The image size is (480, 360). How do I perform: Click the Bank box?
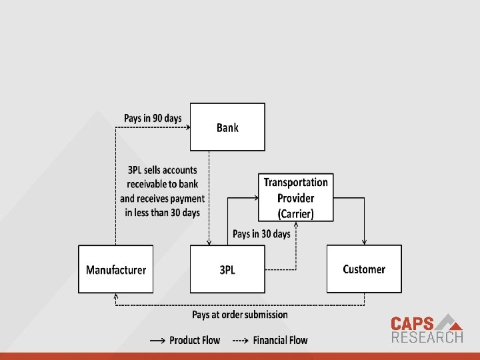(227, 127)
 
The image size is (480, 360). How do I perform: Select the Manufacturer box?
(115, 269)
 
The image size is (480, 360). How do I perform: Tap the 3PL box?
(227, 269)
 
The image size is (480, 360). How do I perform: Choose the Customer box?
(364, 269)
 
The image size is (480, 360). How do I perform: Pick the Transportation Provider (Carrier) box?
(295, 198)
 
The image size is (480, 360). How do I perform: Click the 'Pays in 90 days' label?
(153, 118)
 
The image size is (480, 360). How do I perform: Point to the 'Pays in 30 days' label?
(261, 233)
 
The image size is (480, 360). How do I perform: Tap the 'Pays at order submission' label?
(240, 314)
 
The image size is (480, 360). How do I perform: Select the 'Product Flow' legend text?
(194, 340)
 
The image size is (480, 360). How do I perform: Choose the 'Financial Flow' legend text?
(280, 340)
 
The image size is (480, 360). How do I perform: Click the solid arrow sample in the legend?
(158, 340)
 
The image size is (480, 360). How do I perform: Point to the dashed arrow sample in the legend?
(241, 340)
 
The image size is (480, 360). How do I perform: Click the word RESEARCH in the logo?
(427, 337)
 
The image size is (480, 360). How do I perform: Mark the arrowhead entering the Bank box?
(188, 127)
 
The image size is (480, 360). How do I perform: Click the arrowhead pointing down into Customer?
(364, 242)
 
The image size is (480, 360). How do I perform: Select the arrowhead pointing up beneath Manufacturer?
(117, 296)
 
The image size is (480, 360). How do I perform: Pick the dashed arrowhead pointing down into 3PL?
(209, 242)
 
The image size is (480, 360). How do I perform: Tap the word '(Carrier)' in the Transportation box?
(295, 214)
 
